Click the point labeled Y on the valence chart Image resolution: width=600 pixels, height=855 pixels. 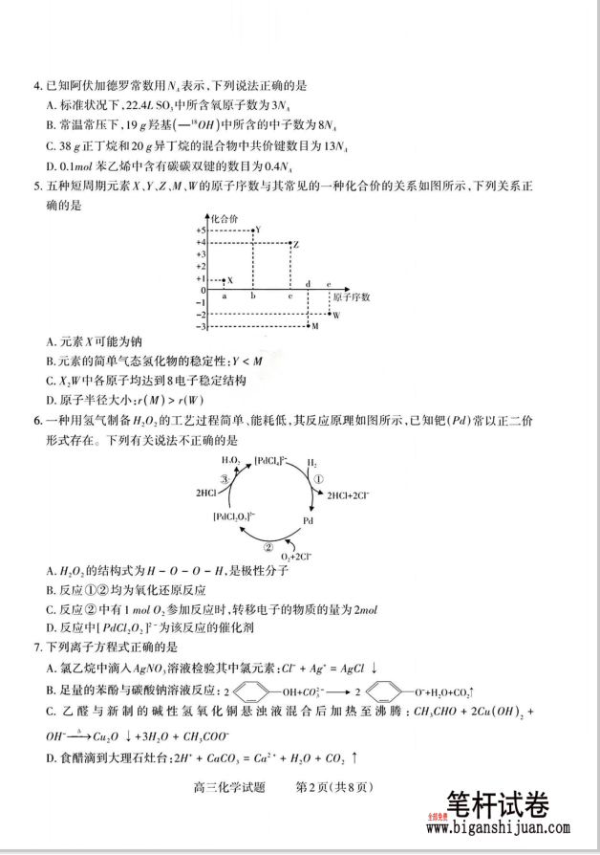(251, 230)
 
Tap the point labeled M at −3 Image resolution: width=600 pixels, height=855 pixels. (308, 327)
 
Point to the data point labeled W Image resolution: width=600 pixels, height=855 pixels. (327, 315)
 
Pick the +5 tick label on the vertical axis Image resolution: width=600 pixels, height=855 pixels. (201, 230)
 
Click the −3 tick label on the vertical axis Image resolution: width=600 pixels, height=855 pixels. (201, 327)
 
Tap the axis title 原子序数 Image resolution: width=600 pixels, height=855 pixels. (353, 297)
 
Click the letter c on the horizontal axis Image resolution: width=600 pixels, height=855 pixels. (289, 297)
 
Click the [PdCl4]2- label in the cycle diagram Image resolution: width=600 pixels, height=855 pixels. (271, 461)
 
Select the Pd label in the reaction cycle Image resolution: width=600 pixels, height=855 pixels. (309, 521)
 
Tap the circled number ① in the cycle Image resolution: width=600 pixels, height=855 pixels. (320, 478)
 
